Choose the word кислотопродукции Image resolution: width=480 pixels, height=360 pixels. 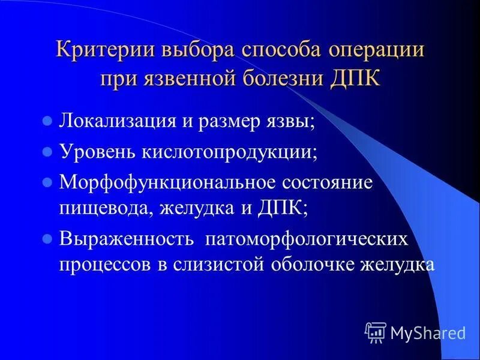[228, 151]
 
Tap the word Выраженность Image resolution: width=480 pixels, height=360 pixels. [126, 239]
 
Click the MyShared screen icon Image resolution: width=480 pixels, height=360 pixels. [376, 331]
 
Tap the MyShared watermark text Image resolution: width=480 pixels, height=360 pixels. [428, 332]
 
